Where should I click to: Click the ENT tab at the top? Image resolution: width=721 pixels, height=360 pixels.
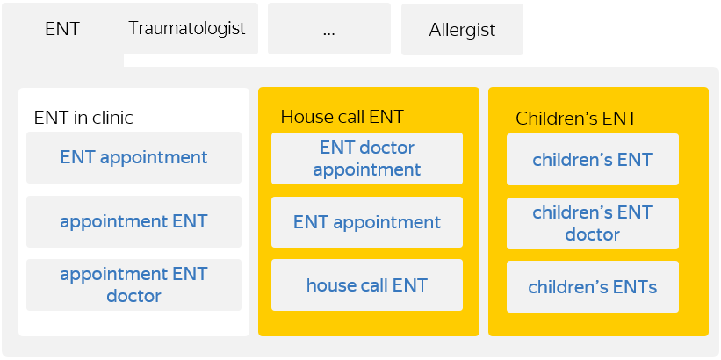click(x=61, y=29)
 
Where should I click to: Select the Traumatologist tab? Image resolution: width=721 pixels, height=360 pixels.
click(x=187, y=28)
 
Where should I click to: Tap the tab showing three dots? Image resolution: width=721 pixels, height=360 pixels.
click(x=329, y=29)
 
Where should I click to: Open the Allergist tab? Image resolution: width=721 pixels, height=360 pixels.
click(x=462, y=30)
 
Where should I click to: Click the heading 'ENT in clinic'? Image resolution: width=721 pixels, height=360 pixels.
click(x=83, y=117)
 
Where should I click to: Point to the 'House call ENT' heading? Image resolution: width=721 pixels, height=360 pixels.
click(x=342, y=117)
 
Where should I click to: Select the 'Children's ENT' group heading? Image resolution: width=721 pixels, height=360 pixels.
click(x=576, y=119)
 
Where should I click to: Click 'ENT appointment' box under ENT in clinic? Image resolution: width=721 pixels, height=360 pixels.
click(x=133, y=158)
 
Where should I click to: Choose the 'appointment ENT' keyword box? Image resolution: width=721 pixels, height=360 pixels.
click(x=133, y=221)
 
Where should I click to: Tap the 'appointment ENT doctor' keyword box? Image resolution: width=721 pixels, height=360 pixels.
click(x=133, y=284)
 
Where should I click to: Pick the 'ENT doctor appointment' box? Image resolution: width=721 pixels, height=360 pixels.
click(x=367, y=158)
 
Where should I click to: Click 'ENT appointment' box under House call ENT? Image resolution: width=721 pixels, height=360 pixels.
click(x=367, y=222)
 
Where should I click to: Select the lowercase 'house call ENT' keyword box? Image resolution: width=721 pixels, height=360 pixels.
click(x=367, y=285)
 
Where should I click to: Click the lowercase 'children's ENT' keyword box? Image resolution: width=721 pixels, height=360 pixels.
click(x=593, y=160)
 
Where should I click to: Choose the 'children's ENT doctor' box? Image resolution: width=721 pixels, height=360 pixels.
click(x=593, y=223)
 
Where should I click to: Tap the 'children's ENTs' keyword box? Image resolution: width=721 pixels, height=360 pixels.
click(x=593, y=287)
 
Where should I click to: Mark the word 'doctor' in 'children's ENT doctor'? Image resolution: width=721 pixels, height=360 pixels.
click(x=592, y=234)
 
